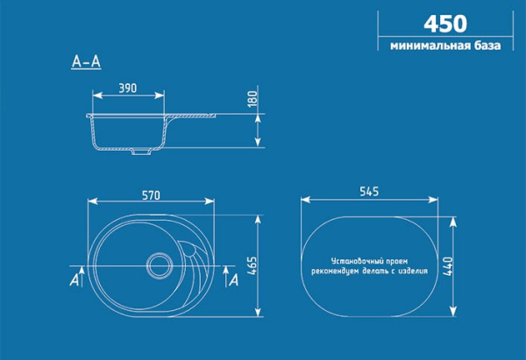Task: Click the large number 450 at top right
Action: pos(445,23)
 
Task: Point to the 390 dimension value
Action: pos(127,88)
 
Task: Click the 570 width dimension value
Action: pos(152,194)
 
